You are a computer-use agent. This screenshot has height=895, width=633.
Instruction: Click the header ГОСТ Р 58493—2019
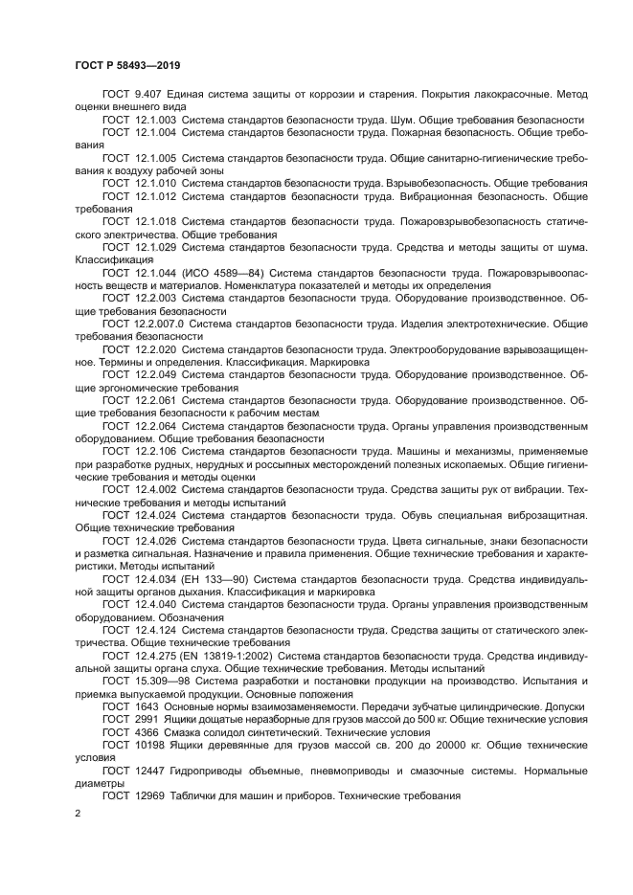point(127,65)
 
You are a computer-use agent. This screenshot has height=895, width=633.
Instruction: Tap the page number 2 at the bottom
point(78,812)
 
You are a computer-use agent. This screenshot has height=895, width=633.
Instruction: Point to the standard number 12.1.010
point(154,182)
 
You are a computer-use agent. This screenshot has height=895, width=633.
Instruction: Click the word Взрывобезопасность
point(441,182)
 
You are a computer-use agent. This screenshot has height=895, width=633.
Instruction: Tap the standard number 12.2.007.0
point(160,324)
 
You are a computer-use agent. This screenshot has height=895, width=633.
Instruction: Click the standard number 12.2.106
point(154,450)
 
